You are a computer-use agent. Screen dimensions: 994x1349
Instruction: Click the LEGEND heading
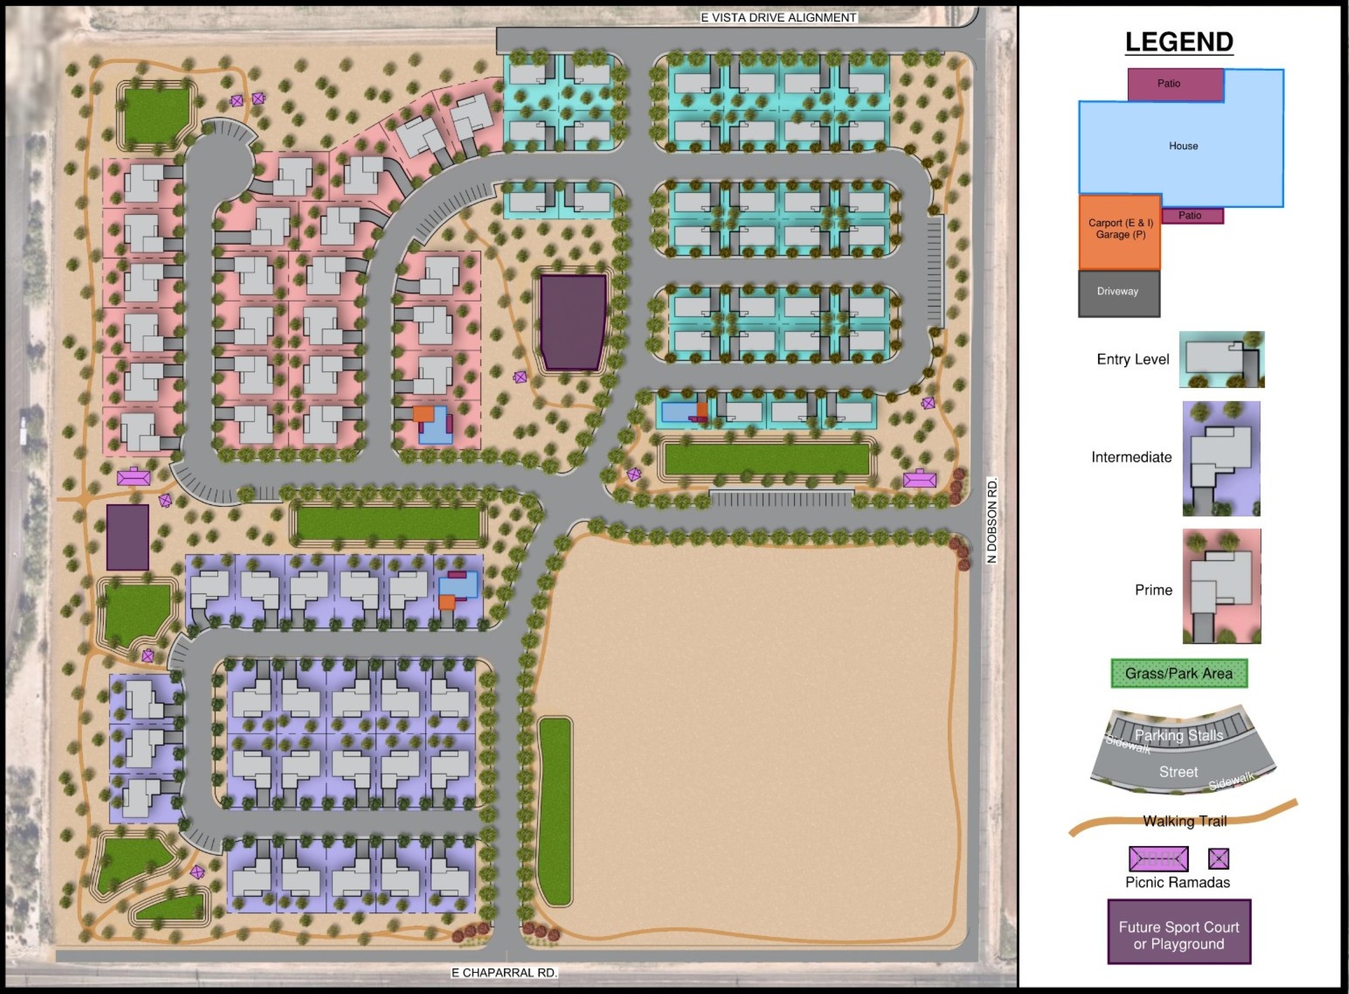[x=1179, y=42]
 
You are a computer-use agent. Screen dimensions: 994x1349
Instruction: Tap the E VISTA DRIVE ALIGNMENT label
[x=778, y=17]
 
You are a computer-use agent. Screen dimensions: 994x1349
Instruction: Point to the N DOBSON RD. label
[x=992, y=520]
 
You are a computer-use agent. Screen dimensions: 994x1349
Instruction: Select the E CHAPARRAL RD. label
[x=504, y=972]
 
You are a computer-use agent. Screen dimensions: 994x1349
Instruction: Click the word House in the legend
[x=1183, y=146]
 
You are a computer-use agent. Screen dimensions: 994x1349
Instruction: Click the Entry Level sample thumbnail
[x=1221, y=359]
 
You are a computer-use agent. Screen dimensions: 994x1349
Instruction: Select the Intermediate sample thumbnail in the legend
[x=1221, y=458]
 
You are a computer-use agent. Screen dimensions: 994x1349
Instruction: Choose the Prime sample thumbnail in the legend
[x=1221, y=586]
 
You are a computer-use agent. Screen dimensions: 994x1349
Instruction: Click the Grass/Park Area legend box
[x=1178, y=674]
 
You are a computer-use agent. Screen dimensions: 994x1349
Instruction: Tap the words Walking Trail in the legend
[x=1184, y=821]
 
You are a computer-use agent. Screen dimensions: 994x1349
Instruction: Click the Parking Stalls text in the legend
[x=1178, y=735]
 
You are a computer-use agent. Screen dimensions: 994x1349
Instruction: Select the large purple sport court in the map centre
[x=573, y=321]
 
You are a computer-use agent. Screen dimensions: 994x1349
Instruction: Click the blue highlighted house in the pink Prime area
[x=434, y=425]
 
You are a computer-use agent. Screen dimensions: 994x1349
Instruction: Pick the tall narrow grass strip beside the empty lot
[x=554, y=810]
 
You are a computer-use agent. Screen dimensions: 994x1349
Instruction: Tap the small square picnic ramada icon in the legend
[x=1218, y=859]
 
